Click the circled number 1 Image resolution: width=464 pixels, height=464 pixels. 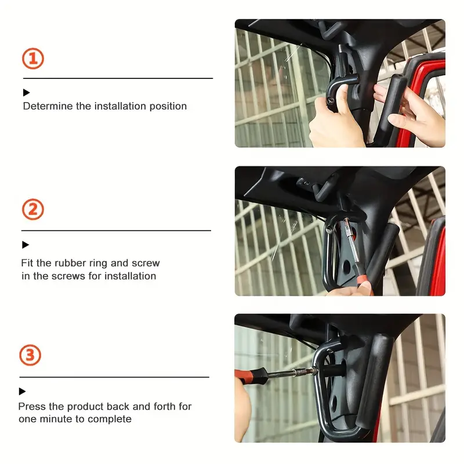click(x=33, y=59)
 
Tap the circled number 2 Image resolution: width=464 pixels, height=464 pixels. click(x=33, y=209)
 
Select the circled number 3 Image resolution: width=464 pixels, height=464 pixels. click(x=30, y=355)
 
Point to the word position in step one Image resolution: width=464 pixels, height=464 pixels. click(x=168, y=107)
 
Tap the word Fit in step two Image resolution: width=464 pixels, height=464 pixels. click(x=27, y=263)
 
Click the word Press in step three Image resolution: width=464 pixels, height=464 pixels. click(x=32, y=407)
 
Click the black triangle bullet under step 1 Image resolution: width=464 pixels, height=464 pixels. click(x=26, y=93)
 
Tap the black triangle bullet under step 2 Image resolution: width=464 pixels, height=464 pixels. click(x=26, y=245)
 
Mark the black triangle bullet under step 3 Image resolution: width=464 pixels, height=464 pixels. click(x=22, y=391)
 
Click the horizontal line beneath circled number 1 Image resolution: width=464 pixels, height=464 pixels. click(x=118, y=78)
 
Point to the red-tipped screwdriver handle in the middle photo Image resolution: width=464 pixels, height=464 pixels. click(x=362, y=281)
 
